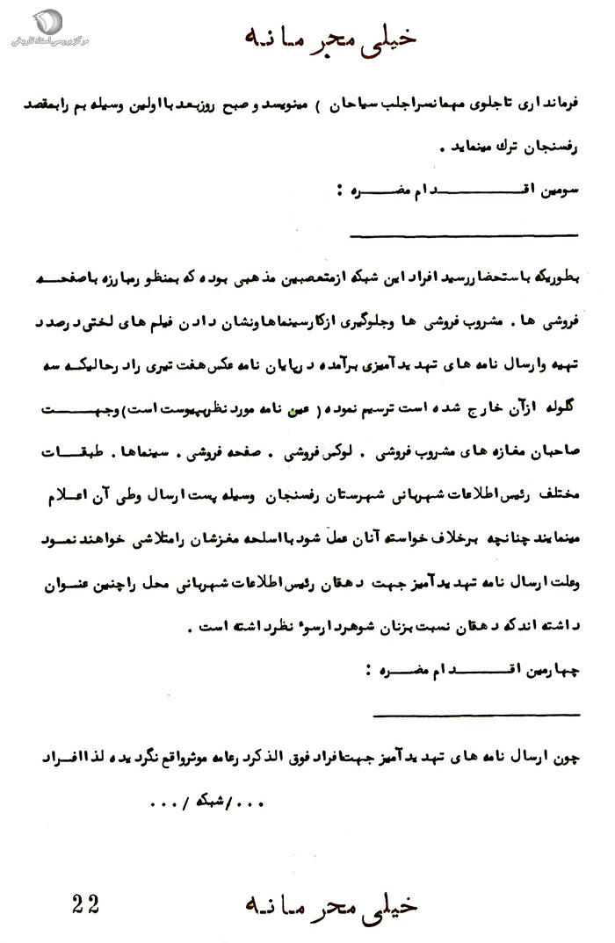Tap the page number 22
(x=84, y=902)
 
